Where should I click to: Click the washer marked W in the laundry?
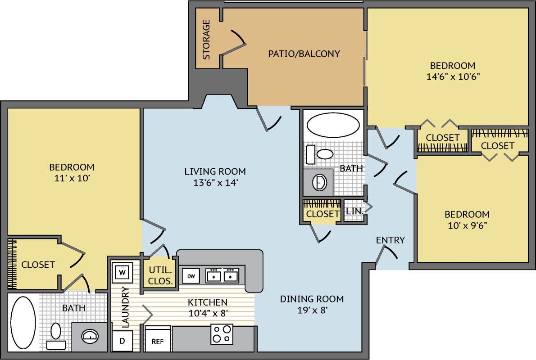pyautogui.click(x=122, y=271)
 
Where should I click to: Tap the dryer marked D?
pyautogui.click(x=122, y=341)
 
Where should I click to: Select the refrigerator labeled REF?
pyautogui.click(x=158, y=341)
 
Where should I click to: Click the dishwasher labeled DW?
pyautogui.click(x=191, y=275)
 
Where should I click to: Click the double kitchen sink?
pyautogui.click(x=222, y=275)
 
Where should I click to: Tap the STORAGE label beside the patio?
pyautogui.click(x=206, y=40)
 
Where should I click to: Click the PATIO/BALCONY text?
pyautogui.click(x=304, y=54)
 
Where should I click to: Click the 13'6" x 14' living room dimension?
pyautogui.click(x=215, y=183)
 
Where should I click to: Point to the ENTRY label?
pyautogui.click(x=390, y=240)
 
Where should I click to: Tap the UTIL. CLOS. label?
pyautogui.click(x=160, y=275)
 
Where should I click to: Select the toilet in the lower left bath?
pyautogui.click(x=56, y=333)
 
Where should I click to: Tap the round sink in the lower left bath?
pyautogui.click(x=91, y=336)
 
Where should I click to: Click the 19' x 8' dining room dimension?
pyautogui.click(x=312, y=310)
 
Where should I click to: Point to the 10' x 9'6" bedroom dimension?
pyautogui.click(x=467, y=225)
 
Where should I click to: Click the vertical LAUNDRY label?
pyautogui.click(x=125, y=306)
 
